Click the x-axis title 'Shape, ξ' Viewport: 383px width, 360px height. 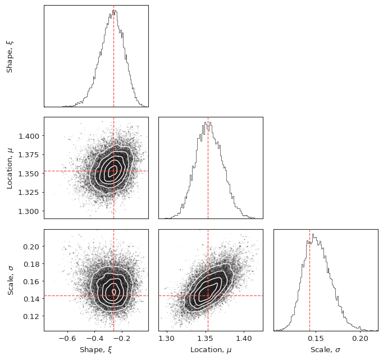[96, 350]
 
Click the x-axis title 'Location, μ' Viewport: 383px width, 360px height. [211, 350]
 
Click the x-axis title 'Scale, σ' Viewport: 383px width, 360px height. [325, 350]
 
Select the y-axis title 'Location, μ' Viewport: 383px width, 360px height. [10, 167]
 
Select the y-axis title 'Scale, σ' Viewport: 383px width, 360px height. [10, 280]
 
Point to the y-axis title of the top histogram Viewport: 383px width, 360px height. [10, 56]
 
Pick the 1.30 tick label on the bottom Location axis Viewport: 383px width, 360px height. [166, 339]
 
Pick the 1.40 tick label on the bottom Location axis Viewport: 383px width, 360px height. [244, 339]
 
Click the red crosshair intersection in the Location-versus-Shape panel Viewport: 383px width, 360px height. [113, 171]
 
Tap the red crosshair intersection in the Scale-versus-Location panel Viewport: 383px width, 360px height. [208, 295]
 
